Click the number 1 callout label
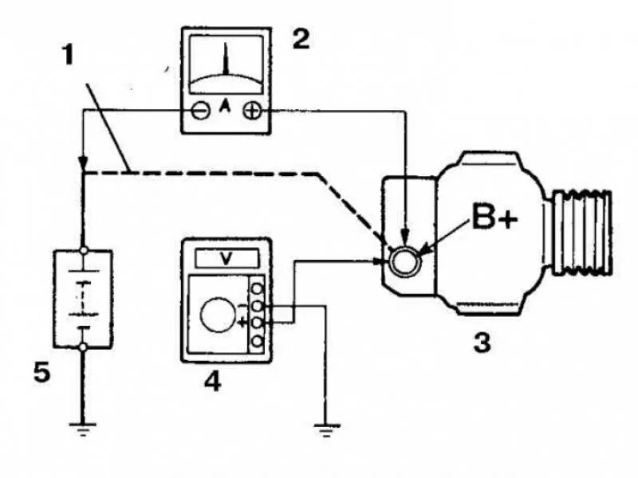70,57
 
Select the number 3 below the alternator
481,343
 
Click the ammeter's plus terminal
251,112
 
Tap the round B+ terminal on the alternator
404,260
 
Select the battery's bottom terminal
83,347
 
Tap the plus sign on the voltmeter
241,322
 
